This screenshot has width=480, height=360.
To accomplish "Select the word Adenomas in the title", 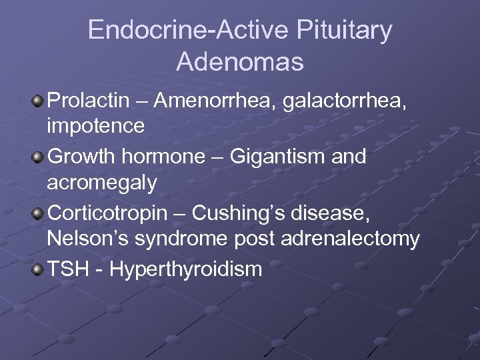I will (240, 62).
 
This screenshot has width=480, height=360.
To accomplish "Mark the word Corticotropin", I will (114, 213).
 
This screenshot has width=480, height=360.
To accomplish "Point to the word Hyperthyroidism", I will (186, 269).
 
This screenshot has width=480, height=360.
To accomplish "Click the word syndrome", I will (183, 239).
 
